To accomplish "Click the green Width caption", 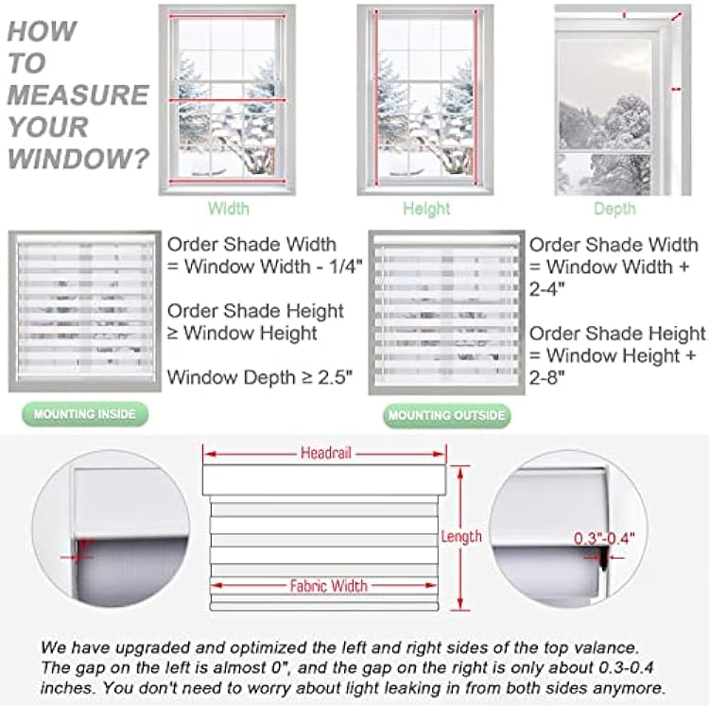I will click(229, 209).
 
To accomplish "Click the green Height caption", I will click(426, 209).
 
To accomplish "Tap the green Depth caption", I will click(614, 209).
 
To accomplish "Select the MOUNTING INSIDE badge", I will click(85, 414).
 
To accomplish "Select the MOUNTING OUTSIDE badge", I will click(445, 415).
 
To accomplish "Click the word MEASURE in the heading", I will click(78, 95).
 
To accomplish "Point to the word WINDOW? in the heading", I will click(78, 158).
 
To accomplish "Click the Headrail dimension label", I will click(326, 454).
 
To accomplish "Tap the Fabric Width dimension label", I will click(328, 586).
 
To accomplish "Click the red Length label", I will click(462, 537).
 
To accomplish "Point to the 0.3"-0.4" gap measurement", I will click(604, 539).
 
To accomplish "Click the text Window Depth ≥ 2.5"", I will click(260, 377).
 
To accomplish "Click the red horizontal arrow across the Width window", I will click(228, 100).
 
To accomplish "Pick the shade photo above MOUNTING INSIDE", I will click(83, 310).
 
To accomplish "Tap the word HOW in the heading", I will click(42, 31).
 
